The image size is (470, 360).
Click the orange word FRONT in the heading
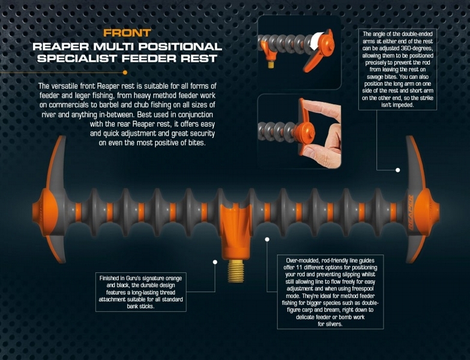pos(127,33)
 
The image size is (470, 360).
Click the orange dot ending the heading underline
pos(125,73)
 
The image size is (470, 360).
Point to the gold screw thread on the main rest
pos(236,271)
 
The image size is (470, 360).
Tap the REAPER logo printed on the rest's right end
pos(411,212)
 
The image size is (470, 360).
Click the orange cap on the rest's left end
pos(45,209)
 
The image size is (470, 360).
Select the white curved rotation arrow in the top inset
pos(316,40)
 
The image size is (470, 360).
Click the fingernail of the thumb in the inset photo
pos(308,152)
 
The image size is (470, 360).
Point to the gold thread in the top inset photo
pos(271,64)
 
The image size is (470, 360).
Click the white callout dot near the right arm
pos(398,170)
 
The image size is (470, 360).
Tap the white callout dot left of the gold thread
pos(215,262)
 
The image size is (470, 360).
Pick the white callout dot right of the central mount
pos(267,239)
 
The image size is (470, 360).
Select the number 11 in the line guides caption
pos(299,268)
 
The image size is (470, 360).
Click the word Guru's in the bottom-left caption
pos(130,278)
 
